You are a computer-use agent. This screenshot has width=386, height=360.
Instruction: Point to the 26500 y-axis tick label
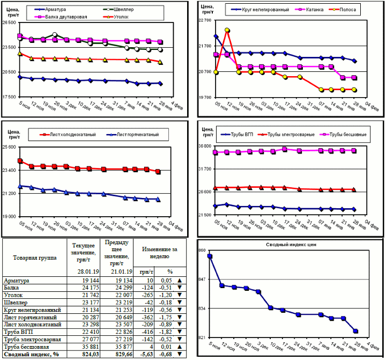coord(10,23)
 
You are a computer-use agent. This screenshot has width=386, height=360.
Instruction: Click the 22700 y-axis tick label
coord(206,20)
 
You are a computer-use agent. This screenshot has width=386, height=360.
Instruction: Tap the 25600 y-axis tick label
coord(10,147)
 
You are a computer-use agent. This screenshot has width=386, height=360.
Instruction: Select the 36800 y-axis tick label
coord(206,146)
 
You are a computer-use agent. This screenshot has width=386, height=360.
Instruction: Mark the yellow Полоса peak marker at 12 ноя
coord(227,31)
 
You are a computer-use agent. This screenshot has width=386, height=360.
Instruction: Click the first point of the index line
coord(210,256)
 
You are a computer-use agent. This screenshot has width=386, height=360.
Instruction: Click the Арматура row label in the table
coord(17,281)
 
